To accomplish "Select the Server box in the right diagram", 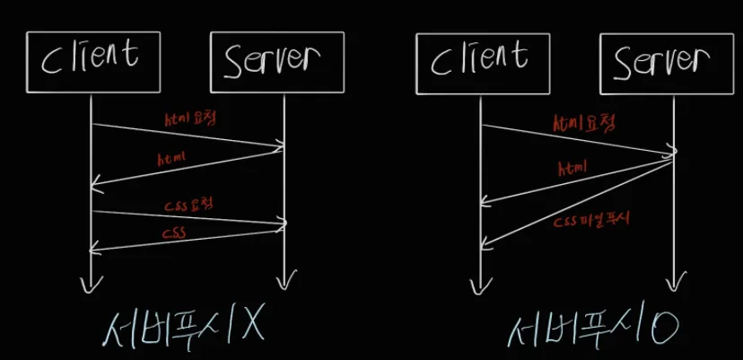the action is [x=669, y=62].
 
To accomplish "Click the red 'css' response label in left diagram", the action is [x=176, y=232].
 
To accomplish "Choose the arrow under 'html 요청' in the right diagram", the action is [x=579, y=138].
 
